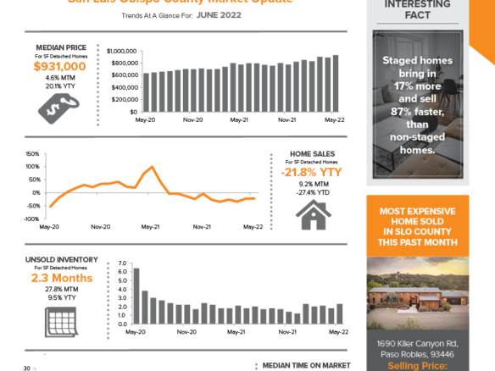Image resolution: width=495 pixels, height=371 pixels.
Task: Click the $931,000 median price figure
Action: pyautogui.click(x=59, y=66)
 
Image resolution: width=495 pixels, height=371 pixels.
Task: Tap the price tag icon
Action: pyautogui.click(x=58, y=104)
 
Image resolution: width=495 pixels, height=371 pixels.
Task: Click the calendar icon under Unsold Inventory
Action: pyautogui.click(x=59, y=318)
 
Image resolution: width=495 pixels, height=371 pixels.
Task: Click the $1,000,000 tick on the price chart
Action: pyautogui.click(x=123, y=51)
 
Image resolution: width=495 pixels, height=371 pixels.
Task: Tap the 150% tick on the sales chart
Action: pyautogui.click(x=32, y=154)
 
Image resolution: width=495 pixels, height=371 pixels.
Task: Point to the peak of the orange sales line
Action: pyautogui.click(x=151, y=167)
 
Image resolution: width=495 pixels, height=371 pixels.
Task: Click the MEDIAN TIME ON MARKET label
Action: pyautogui.click(x=306, y=365)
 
